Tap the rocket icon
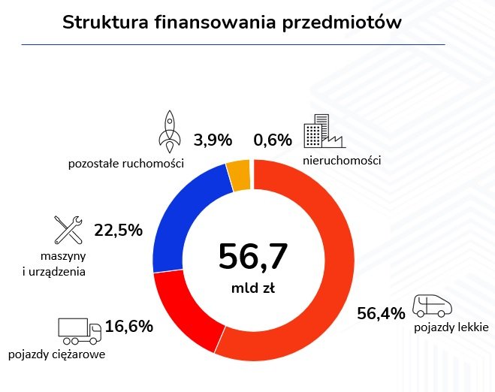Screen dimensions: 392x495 pos(170,130)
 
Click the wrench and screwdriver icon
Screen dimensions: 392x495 pos(68,230)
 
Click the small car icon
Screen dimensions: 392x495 pos(433,305)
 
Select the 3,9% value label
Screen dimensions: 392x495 pos(213,140)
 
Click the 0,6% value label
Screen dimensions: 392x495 pos(272,140)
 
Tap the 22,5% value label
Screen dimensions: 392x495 pos(118,231)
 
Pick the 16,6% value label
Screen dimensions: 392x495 pos(128,326)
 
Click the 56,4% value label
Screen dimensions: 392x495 pos(382,312)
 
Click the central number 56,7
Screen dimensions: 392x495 pos(253,257)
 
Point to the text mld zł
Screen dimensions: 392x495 pos(253,288)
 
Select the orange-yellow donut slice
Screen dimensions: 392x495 pos(239,175)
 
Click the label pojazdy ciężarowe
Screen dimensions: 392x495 pos(56,354)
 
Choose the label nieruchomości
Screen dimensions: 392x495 pos(342,161)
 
